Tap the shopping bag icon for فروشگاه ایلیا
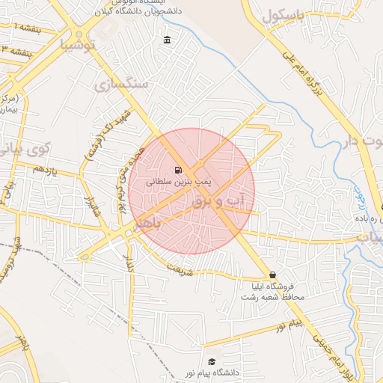[x=272, y=275]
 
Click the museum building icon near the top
[x=165, y=40]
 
